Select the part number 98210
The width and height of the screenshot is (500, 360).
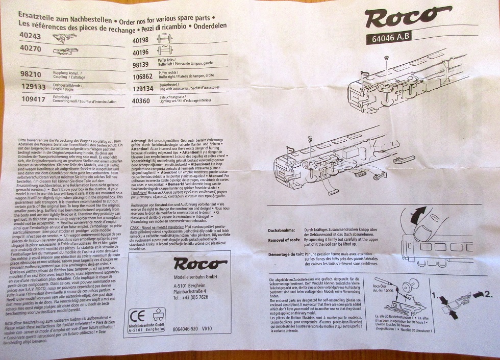31,74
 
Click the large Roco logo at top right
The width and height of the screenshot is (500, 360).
408,17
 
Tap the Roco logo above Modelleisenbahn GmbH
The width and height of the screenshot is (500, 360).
199,264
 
